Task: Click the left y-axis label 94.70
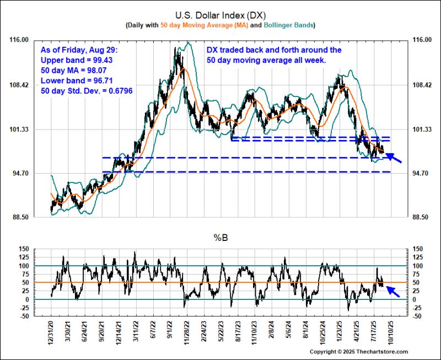[x=20, y=174]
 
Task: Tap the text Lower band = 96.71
[x=79, y=80]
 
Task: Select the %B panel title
[x=220, y=238]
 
